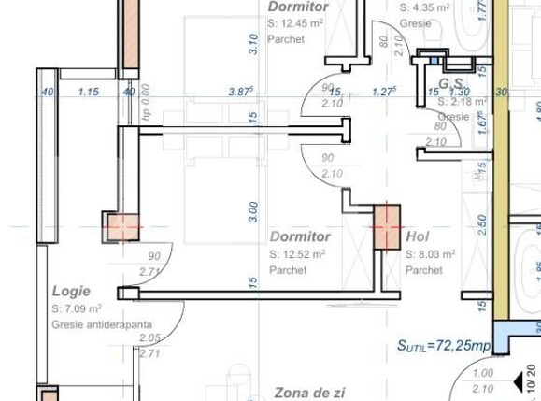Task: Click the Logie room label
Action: (71, 291)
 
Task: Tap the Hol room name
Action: (418, 237)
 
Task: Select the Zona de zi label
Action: (309, 393)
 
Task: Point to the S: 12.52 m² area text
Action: (297, 254)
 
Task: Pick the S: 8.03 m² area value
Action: (430, 254)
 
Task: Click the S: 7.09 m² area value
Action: (77, 308)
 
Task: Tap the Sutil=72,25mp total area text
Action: (444, 346)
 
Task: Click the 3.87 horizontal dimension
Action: (240, 92)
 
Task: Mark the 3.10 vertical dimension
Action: (252, 44)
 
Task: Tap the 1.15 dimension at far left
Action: (89, 92)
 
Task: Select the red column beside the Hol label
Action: (386, 226)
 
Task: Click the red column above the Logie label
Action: (122, 227)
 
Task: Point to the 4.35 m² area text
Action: (425, 7)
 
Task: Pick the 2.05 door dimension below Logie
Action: (149, 338)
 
